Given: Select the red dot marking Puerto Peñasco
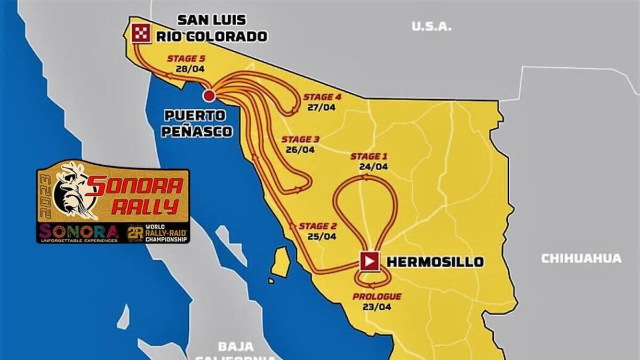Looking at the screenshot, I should pyautogui.click(x=209, y=95).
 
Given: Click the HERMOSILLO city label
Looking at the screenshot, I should pyautogui.click(x=435, y=262).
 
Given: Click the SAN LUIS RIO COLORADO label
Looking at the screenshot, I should pyautogui.click(x=212, y=28).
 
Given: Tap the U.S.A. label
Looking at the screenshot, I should pyautogui.click(x=432, y=26).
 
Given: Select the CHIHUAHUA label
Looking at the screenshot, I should pyautogui.click(x=581, y=259).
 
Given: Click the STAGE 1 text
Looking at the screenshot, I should pyautogui.click(x=369, y=156).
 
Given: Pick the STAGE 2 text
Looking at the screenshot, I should pyautogui.click(x=317, y=226).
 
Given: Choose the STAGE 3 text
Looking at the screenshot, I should pyautogui.click(x=300, y=140).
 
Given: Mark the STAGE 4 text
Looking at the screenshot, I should pyautogui.click(x=322, y=97).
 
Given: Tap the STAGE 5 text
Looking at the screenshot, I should pyautogui.click(x=186, y=59).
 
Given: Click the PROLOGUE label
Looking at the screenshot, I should pyautogui.click(x=377, y=297).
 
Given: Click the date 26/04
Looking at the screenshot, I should pyautogui.click(x=300, y=150).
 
